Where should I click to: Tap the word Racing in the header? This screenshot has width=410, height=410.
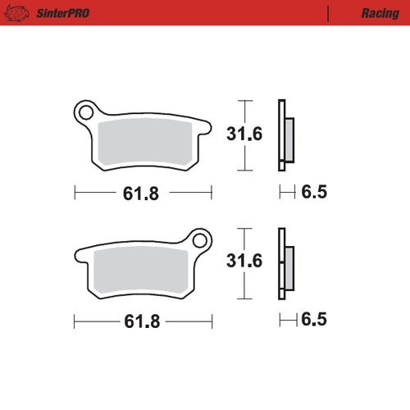379,14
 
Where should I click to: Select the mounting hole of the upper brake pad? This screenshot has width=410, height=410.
85,112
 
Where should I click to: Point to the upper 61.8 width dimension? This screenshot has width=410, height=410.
141,194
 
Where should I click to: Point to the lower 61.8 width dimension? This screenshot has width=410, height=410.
141,319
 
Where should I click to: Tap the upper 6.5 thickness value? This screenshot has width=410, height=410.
314,194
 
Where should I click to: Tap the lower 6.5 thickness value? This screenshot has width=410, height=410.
314,319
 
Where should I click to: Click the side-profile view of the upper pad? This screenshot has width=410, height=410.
284,135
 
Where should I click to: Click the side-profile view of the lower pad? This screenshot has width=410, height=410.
284,263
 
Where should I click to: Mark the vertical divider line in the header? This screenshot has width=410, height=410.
328,14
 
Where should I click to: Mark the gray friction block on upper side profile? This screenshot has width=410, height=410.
289,139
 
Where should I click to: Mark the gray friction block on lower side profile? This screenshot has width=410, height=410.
289,267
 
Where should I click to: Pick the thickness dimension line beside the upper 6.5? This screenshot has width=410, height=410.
286,194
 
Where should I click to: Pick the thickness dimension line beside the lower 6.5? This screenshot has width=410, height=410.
286,319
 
